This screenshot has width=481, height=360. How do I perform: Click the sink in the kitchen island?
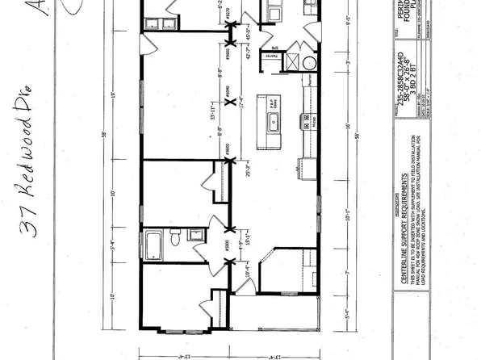271,121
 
